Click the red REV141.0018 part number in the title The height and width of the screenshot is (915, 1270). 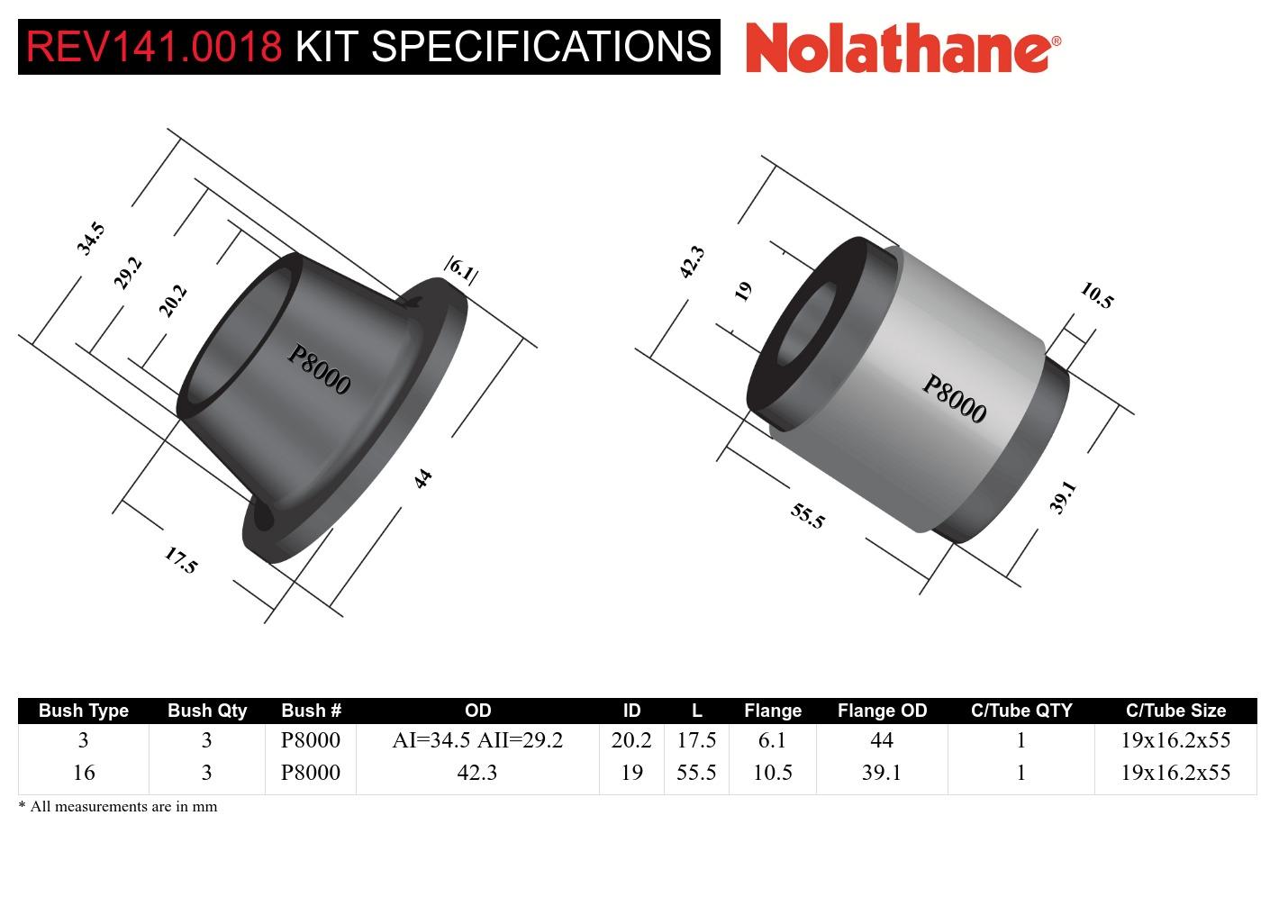(154, 46)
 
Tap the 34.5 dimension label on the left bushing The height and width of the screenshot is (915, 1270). (90, 239)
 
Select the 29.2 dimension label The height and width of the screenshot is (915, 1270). (128, 273)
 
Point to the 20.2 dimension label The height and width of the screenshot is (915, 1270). (172, 301)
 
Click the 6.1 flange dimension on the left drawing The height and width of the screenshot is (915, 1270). (461, 269)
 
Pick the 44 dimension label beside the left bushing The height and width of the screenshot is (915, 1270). (422, 478)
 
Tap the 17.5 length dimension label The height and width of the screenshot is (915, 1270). (180, 560)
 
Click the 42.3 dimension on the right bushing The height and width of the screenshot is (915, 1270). (691, 262)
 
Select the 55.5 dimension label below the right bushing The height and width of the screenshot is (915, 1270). (807, 515)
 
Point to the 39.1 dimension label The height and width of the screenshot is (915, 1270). (1063, 497)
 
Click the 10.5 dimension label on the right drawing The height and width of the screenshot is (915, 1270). (1096, 295)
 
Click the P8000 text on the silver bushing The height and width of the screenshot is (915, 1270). (954, 399)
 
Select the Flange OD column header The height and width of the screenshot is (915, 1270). (881, 711)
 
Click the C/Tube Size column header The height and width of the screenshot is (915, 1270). (1175, 711)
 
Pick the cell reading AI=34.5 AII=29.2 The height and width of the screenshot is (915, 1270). (476, 740)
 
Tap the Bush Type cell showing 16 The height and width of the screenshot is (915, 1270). (83, 773)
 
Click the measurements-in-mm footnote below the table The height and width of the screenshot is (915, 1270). (118, 806)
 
